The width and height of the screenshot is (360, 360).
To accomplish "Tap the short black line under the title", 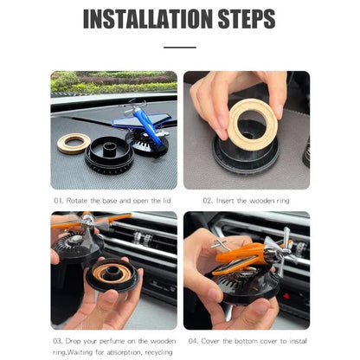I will tap(179, 46).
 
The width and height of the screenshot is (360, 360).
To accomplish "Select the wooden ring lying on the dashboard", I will tap(74, 143).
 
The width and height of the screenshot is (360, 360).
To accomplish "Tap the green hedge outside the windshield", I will tap(87, 81).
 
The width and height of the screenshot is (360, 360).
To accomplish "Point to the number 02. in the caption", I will tap(209, 201).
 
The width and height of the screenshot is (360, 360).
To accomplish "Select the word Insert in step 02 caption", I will tap(228, 201).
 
